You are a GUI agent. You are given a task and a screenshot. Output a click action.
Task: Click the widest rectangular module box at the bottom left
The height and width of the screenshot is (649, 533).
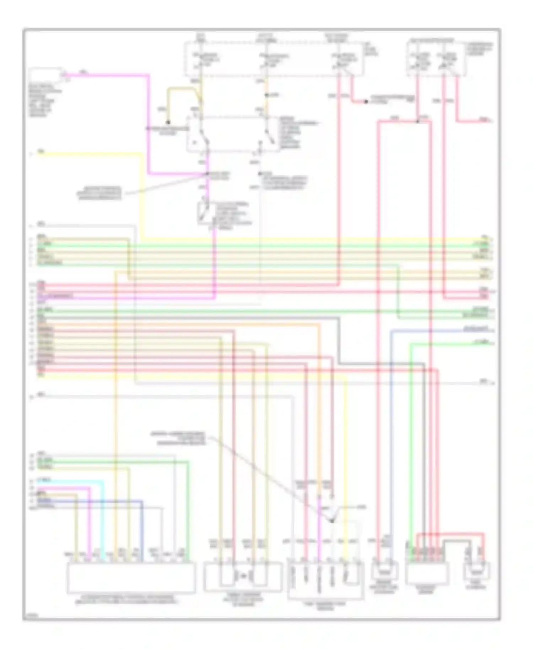131,577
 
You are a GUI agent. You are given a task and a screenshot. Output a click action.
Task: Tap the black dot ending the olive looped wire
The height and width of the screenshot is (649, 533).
168,122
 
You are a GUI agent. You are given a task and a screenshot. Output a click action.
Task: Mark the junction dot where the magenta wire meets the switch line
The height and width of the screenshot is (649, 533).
207,174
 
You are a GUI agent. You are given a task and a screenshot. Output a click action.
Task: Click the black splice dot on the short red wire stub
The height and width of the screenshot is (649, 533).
366,102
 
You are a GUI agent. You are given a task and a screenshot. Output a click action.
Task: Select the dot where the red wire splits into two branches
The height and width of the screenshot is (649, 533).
418,122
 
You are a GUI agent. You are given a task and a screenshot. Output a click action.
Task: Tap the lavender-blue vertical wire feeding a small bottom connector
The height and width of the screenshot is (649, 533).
391,444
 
